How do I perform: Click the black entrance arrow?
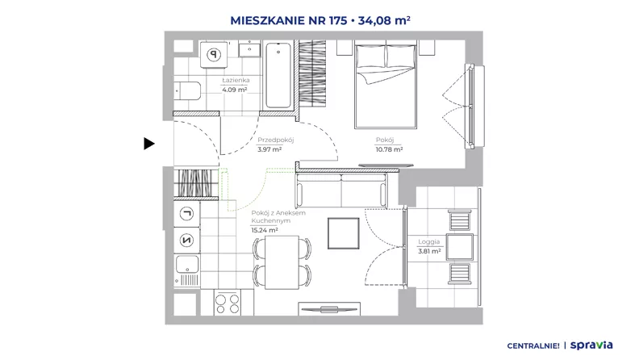tap(148, 144)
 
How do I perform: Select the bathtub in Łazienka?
tap(278, 75)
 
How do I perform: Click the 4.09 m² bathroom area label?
tap(235, 90)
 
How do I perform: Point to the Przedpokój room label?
tap(275, 140)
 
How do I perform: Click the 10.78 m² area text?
tap(389, 149)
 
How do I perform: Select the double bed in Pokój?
tap(386, 85)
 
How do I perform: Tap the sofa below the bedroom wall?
tap(341, 190)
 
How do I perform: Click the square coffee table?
tap(344, 233)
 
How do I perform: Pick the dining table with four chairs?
tap(282, 262)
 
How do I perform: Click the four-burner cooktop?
tap(228, 303)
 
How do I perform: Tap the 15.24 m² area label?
tap(265, 230)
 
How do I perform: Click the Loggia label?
tap(428, 242)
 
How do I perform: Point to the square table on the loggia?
tap(460, 247)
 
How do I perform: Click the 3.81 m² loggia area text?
tap(429, 252)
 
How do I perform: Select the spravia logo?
tap(591, 345)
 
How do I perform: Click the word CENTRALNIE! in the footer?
tap(533, 346)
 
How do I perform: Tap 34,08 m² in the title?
tap(384, 20)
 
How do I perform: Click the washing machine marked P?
tap(214, 54)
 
